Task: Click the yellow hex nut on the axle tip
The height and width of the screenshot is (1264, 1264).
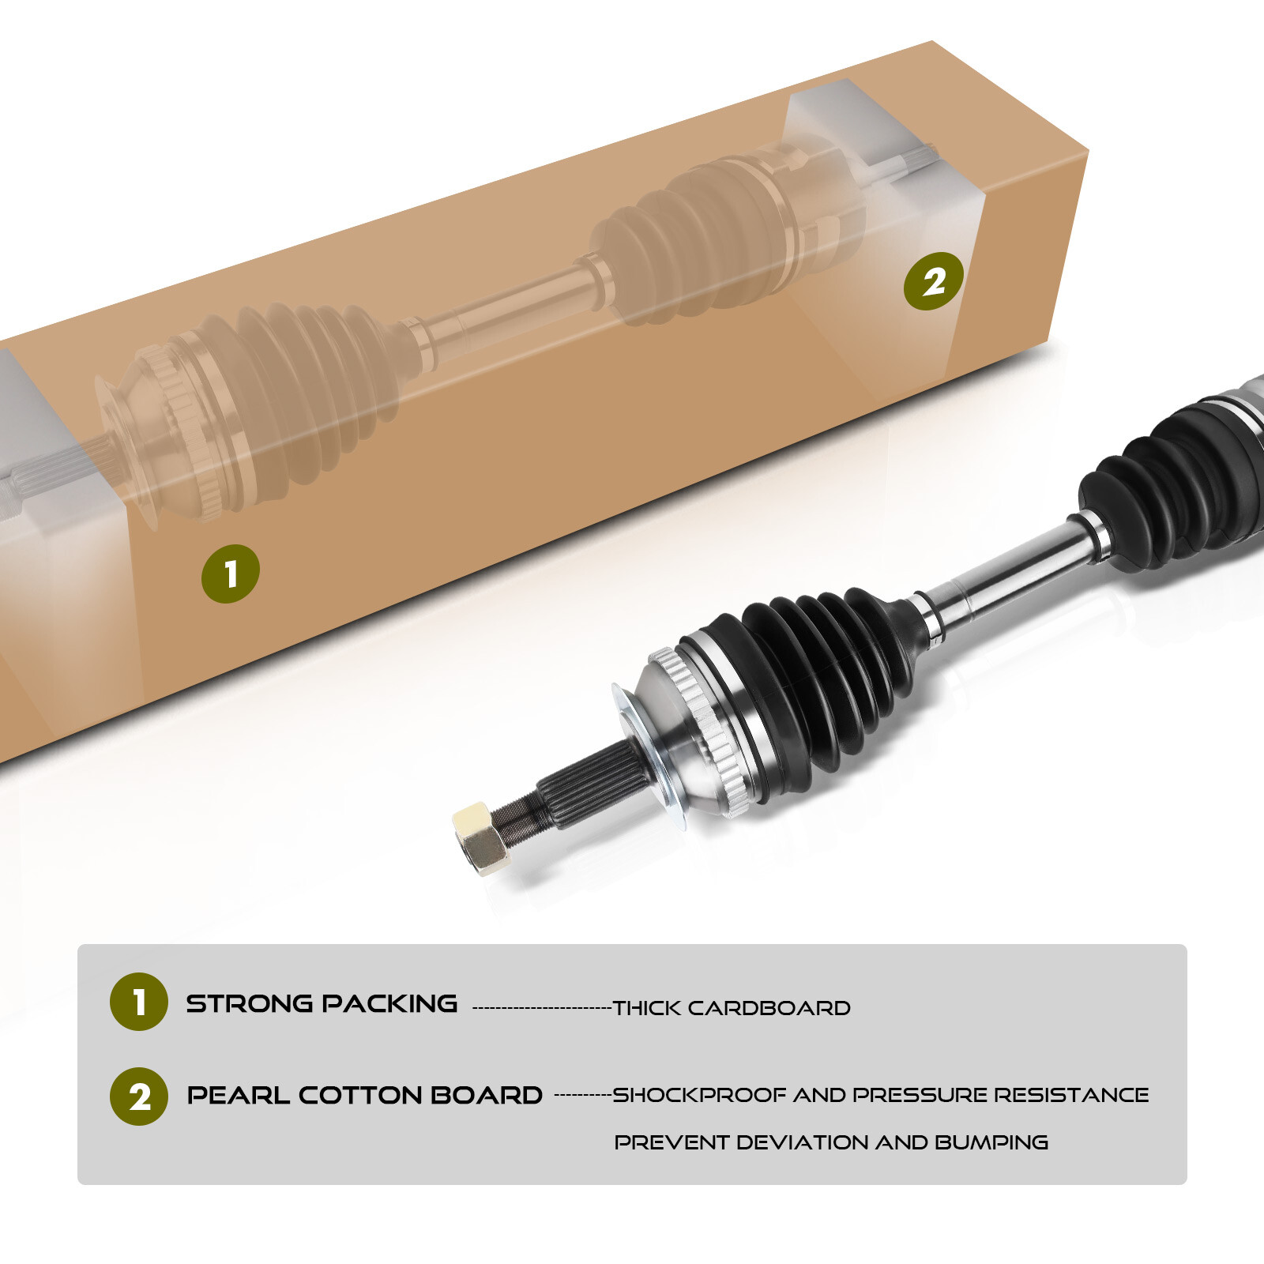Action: [x=481, y=838]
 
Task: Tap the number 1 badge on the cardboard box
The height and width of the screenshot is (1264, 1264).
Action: [x=231, y=574]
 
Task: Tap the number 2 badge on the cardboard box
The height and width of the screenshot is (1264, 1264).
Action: [x=934, y=281]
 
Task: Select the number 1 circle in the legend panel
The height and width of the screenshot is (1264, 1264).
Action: [x=139, y=1002]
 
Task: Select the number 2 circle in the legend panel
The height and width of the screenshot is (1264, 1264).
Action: [x=139, y=1097]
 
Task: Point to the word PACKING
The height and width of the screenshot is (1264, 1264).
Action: [x=389, y=1003]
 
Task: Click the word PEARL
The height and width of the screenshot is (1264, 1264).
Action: [x=238, y=1095]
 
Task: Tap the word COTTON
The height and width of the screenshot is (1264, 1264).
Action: [x=360, y=1095]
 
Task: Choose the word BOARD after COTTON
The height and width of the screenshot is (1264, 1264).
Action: [x=487, y=1095]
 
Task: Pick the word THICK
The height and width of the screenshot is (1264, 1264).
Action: [x=646, y=1008]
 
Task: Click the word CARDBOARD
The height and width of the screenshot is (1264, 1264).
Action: [x=769, y=1008]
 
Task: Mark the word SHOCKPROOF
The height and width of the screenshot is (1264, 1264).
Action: [x=700, y=1095]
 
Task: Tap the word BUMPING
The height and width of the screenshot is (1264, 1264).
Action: [x=991, y=1142]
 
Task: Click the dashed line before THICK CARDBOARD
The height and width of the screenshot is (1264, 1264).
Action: [x=542, y=1008]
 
